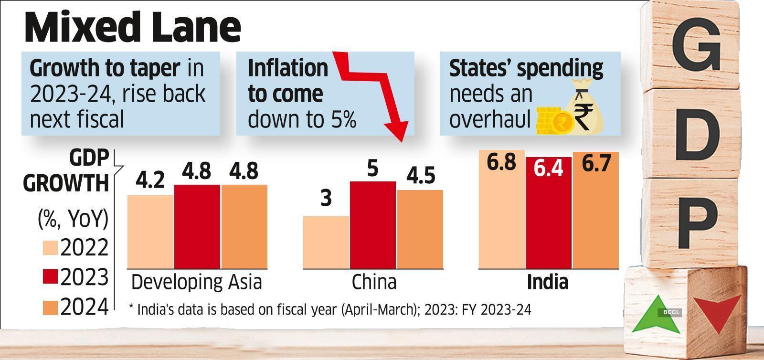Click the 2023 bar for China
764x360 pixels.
[x=373, y=224]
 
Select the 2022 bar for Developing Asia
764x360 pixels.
[x=150, y=232]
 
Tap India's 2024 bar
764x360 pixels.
[x=595, y=210]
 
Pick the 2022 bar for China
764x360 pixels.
[x=326, y=242]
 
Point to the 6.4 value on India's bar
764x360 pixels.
[x=549, y=169]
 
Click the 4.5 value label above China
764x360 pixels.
[x=420, y=176]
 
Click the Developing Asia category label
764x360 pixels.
[x=196, y=282]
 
